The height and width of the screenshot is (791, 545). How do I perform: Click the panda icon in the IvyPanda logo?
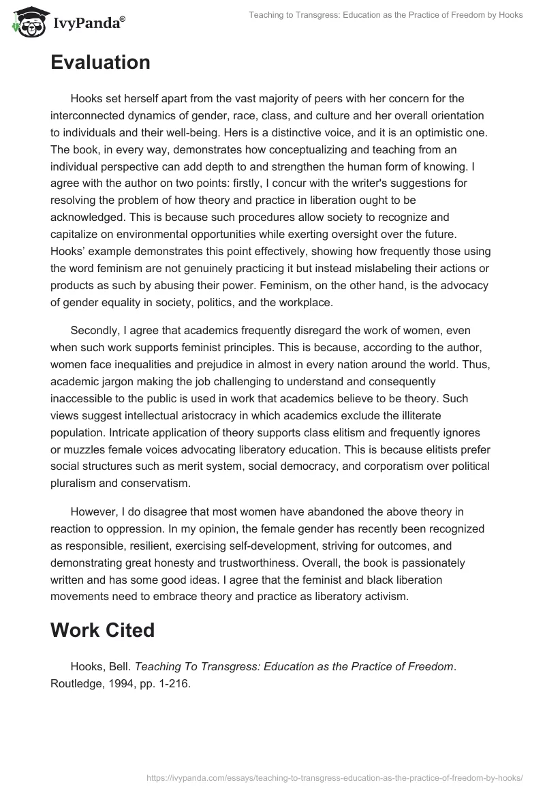[x=27, y=23]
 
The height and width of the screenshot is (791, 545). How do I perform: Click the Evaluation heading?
[x=100, y=63]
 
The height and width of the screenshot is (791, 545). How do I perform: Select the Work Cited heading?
[x=102, y=630]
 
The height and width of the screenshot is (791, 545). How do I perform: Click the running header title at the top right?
[x=385, y=16]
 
